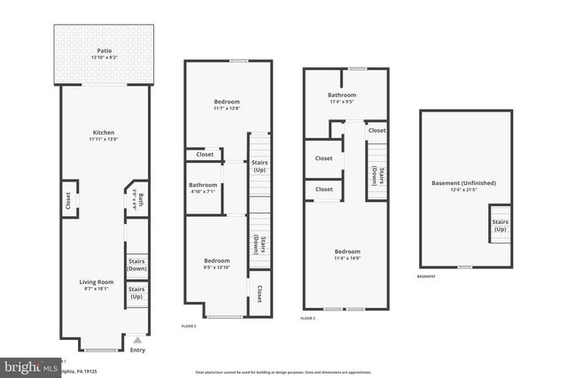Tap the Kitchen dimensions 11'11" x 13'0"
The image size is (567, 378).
(103, 139)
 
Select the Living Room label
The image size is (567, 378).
(99, 282)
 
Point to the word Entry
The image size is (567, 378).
(136, 350)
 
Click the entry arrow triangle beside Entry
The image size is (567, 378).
(136, 339)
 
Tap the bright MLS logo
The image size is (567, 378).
(29, 365)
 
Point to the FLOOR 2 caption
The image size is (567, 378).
(189, 327)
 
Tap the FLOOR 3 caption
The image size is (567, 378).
(307, 318)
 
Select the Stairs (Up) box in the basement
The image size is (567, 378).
(500, 225)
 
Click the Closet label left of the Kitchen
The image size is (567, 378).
(68, 200)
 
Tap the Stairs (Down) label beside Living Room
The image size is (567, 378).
(136, 265)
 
